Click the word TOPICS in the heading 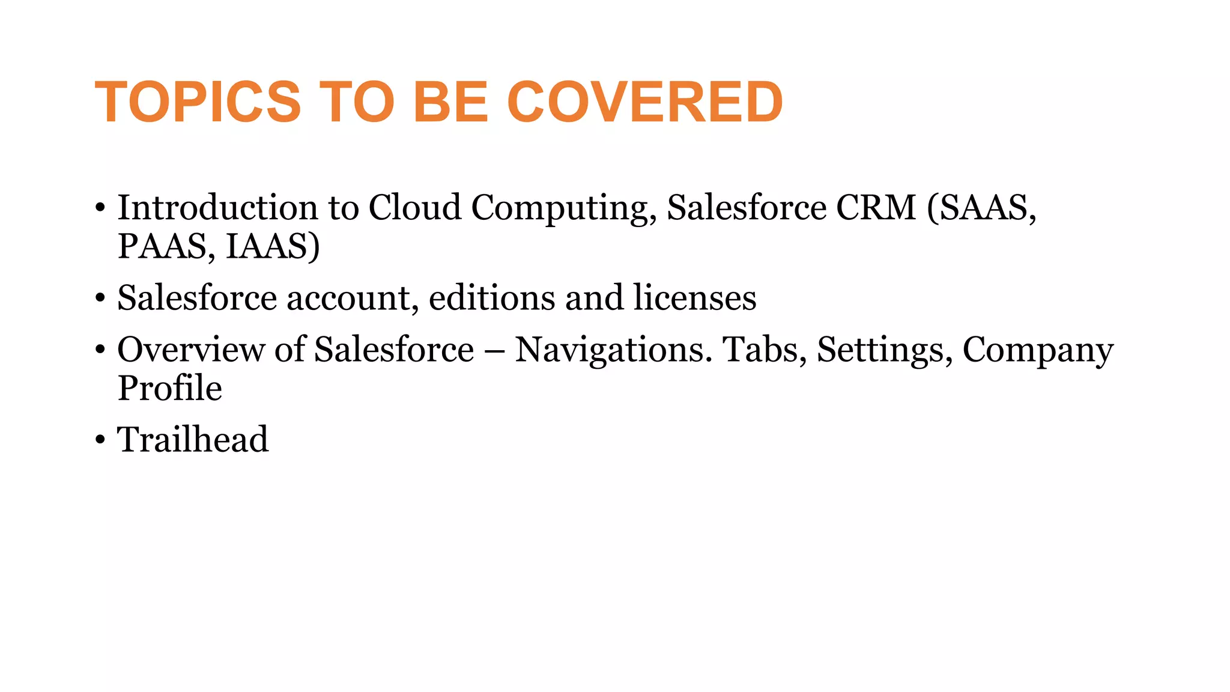click(198, 102)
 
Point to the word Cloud click(414, 208)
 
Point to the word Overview click(190, 350)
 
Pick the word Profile click(170, 388)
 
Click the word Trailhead click(193, 439)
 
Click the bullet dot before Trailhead click(100, 440)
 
